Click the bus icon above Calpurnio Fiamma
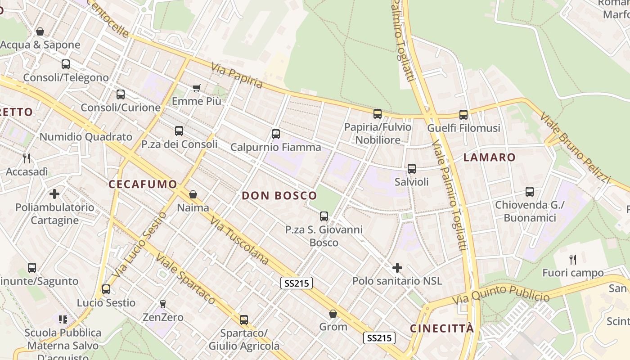point(276,134)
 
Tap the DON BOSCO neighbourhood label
point(279,195)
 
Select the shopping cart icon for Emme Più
point(196,88)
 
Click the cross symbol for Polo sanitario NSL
point(397,268)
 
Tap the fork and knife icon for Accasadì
point(27,158)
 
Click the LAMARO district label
point(490,157)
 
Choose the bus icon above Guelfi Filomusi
point(463,114)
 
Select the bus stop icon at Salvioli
point(412,169)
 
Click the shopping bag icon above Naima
point(193,194)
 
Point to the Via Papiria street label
point(237,75)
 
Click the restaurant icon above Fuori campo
point(573,259)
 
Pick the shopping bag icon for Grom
point(333,314)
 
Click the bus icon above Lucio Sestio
point(106,289)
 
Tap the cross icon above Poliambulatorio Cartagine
point(54,194)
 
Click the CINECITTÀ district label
point(442,328)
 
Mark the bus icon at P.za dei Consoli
point(179,131)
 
